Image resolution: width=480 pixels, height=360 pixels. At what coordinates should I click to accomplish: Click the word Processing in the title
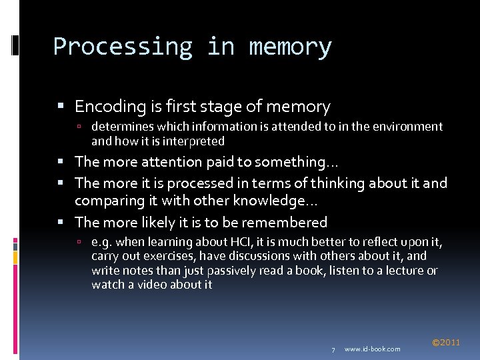pyautogui.click(x=123, y=47)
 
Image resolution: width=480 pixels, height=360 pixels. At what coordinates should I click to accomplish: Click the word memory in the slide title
pyautogui.click(x=290, y=47)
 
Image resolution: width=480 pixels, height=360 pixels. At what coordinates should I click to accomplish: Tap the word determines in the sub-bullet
pyautogui.click(x=121, y=127)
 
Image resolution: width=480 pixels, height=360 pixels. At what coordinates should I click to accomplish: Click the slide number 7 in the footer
pyautogui.click(x=333, y=349)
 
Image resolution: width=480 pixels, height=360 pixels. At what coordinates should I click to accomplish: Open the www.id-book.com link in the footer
pyautogui.click(x=373, y=349)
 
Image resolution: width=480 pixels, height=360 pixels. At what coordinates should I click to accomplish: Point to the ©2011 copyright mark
pyautogui.click(x=446, y=343)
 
